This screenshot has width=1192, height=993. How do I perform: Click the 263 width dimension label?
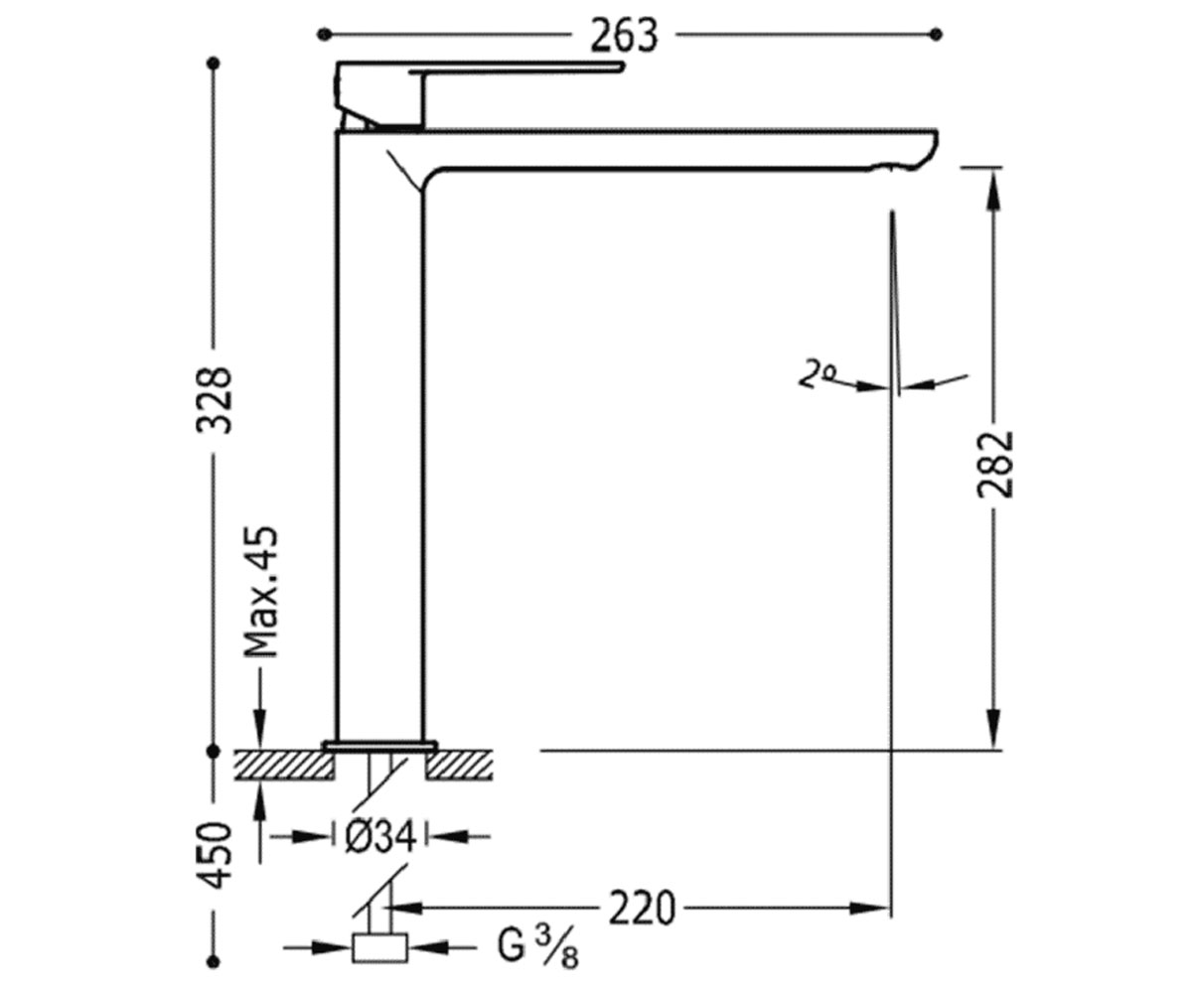tap(624, 36)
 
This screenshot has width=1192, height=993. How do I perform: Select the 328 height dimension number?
tap(215, 400)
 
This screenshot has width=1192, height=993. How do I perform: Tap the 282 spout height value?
tap(995, 465)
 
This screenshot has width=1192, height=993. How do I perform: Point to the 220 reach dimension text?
tap(642, 909)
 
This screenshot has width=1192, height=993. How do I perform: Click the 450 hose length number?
tap(215, 855)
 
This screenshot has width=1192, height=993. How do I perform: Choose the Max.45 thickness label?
tap(260, 593)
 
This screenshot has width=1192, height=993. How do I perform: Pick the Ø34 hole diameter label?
tap(380, 837)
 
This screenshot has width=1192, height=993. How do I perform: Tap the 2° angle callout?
tap(817, 374)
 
